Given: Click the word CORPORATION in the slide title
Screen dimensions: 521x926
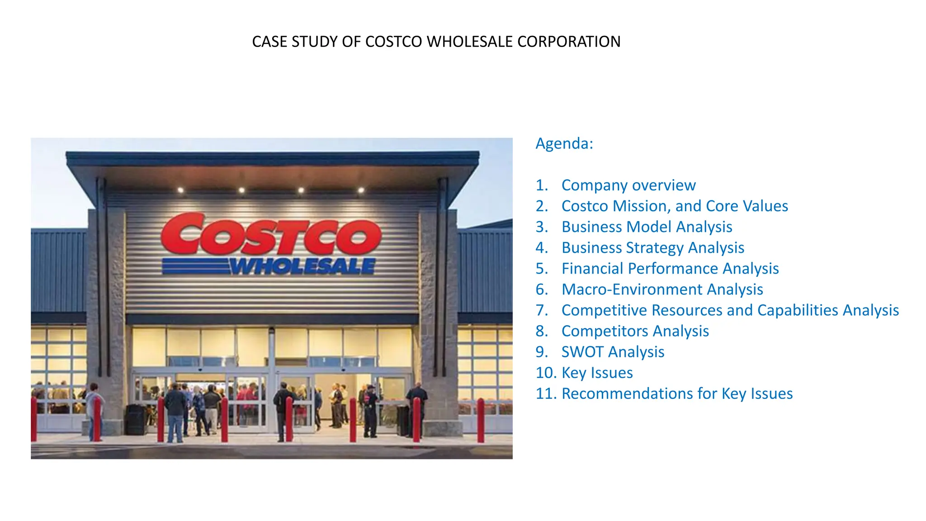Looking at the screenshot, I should [x=569, y=42].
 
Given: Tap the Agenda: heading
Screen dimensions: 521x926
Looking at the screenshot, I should [x=564, y=144].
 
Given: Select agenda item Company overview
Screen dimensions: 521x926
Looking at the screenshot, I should [x=628, y=185].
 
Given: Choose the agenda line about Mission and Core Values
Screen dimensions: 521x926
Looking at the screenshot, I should [x=674, y=206].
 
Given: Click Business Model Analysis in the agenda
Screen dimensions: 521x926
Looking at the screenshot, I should [x=647, y=227].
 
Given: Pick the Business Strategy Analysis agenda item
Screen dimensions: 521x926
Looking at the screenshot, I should [x=652, y=248].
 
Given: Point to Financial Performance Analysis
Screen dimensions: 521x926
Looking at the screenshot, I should [x=670, y=269].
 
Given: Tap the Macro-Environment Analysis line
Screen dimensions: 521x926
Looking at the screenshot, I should [x=662, y=289].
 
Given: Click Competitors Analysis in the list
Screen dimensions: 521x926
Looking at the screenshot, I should [x=635, y=331].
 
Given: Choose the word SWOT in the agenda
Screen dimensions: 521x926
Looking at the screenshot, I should [x=582, y=352].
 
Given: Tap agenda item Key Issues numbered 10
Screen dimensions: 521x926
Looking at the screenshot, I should [x=597, y=373].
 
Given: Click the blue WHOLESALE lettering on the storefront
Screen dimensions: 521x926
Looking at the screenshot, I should [x=302, y=267].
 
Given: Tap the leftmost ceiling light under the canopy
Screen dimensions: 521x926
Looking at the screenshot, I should [x=180, y=190].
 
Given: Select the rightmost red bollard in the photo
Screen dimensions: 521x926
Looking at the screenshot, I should [x=481, y=421].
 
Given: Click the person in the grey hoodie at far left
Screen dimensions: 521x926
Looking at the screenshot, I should [x=94, y=409].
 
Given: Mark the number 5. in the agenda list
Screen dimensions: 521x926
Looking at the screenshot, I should [x=542, y=269].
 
